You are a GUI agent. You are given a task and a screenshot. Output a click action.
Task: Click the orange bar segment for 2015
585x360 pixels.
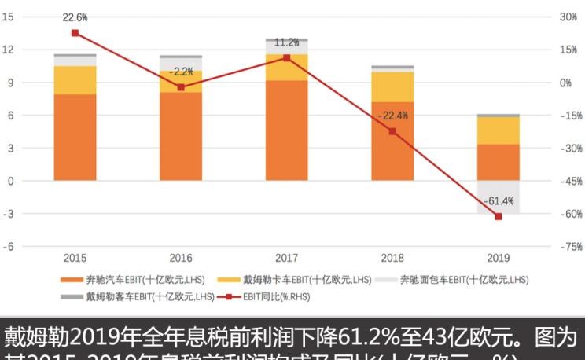coord(75,137)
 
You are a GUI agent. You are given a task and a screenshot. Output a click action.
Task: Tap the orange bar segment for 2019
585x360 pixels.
coord(499,162)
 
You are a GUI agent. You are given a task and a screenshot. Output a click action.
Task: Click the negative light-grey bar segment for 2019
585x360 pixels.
coord(499,197)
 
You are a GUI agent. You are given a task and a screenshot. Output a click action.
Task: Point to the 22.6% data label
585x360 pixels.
coord(75,17)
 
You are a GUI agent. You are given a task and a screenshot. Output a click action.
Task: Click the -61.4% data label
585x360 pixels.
coord(499,200)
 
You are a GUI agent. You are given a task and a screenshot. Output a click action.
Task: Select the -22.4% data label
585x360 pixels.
coord(392,116)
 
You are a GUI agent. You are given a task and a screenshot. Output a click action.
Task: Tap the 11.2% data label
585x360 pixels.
coord(286,42)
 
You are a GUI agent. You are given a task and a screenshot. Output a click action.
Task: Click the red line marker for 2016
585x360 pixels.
coord(181,87)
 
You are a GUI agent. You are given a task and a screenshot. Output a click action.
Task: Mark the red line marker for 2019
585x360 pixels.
coord(499,216)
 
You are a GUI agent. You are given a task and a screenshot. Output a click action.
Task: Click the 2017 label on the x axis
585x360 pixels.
coord(286,257)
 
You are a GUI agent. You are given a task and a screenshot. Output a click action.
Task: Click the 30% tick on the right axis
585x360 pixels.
coord(568,17)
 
